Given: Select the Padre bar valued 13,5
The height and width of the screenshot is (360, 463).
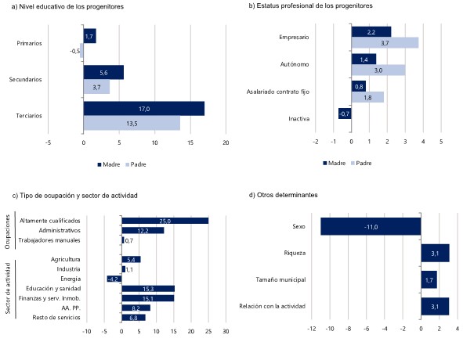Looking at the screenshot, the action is click(132, 123).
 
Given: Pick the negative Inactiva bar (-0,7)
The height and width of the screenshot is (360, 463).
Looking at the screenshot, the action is click(345, 113).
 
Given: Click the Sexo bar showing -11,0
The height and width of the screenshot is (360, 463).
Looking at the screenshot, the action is click(371, 226).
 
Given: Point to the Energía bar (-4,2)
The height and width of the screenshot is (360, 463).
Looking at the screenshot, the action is click(114, 279).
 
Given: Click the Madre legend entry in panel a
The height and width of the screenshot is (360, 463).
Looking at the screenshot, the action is click(109, 164).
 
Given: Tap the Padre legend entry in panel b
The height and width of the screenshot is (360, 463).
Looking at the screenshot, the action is click(361, 164).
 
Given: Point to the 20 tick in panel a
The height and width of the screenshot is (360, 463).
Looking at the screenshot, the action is click(226, 142).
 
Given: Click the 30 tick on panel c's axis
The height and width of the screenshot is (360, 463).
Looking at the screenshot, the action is click(226, 331).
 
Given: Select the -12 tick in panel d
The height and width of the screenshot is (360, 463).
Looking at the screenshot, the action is click(312, 329).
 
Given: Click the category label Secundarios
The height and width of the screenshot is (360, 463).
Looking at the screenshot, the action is click(25, 79).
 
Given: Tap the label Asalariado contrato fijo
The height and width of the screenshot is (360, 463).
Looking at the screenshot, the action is click(278, 92).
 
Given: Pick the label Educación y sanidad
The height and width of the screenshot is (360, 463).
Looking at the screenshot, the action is click(53, 289).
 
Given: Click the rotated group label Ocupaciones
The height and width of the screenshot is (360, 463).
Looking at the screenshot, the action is click(8, 232).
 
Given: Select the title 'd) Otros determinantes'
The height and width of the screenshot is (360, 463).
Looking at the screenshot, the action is click(284, 195).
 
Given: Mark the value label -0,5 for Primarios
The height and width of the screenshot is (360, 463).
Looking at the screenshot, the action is click(74, 52).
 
